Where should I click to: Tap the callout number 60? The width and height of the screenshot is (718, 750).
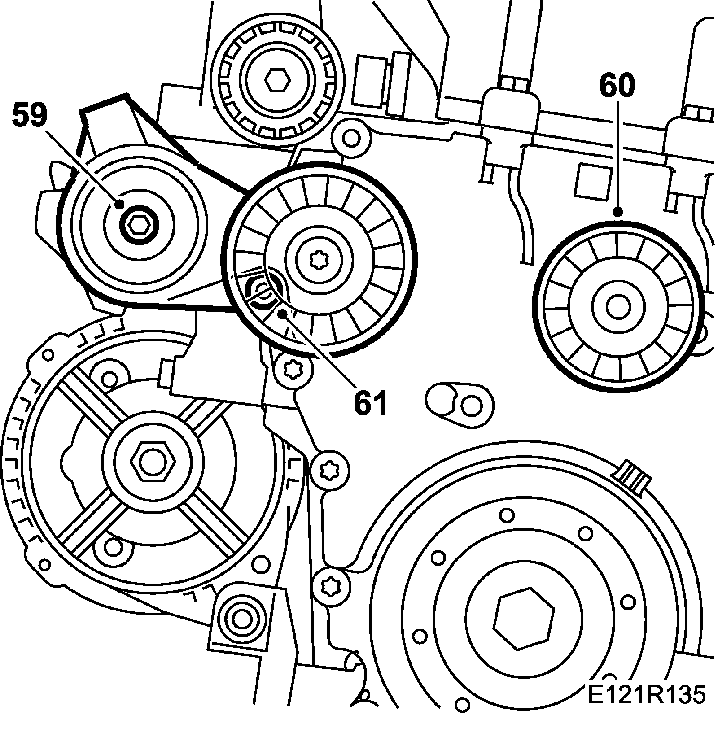click(x=617, y=86)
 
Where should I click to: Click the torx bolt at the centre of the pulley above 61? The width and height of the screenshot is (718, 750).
click(x=320, y=260)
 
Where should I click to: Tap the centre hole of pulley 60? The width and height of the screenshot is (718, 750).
click(x=617, y=307)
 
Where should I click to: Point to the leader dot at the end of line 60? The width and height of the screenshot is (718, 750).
click(x=617, y=212)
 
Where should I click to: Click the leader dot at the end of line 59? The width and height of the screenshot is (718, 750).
click(x=119, y=205)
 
